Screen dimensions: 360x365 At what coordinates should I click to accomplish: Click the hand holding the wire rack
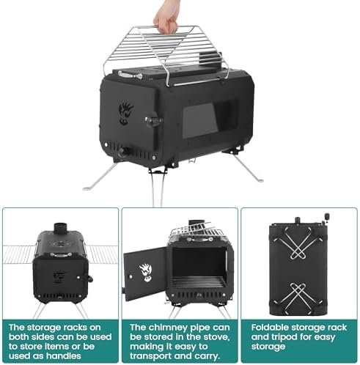[166, 17]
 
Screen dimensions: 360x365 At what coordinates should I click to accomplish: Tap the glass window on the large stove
[200, 120]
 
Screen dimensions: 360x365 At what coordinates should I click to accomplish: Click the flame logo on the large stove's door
[125, 114]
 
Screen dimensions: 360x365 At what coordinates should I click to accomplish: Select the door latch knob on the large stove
[153, 121]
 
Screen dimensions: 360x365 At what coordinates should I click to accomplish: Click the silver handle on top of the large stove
[130, 75]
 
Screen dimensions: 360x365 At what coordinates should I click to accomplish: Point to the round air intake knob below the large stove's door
[124, 152]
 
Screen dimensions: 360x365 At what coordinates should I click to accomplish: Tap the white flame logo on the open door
[147, 273]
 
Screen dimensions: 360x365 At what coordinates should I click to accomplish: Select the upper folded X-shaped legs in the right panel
[298, 243]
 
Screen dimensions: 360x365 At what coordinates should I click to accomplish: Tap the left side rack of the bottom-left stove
[18, 254]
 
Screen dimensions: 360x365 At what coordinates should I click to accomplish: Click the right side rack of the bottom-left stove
[101, 254]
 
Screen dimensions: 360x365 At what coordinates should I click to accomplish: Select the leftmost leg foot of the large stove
[87, 188]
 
